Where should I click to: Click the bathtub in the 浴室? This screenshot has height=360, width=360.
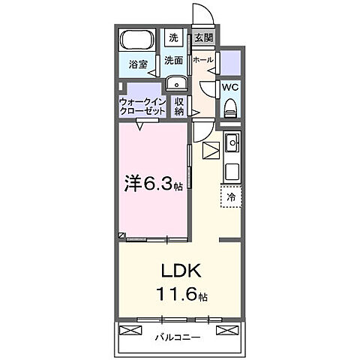(136, 40)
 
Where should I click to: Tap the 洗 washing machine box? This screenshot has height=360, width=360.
(173, 38)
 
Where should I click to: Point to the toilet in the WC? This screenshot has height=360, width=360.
(231, 106)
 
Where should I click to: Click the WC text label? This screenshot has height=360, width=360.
(231, 86)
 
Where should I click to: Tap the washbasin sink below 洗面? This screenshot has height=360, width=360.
(174, 83)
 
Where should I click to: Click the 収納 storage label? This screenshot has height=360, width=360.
(179, 106)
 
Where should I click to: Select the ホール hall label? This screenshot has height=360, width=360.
(202, 59)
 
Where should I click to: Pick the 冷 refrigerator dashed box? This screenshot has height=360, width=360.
(230, 197)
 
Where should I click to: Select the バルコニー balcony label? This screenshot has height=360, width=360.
(178, 337)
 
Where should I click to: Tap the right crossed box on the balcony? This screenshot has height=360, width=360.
(226, 331)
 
